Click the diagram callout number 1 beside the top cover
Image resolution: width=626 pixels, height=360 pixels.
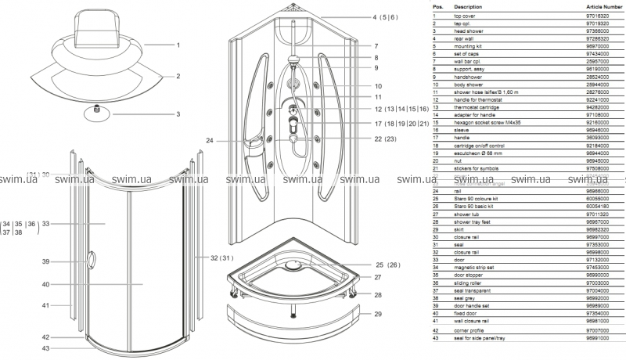[x=178, y=45]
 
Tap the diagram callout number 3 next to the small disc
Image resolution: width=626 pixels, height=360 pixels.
[x=178, y=114]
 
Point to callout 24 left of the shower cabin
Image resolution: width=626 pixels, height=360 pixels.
[x=210, y=140]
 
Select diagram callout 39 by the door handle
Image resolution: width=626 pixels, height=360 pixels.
[x=46, y=261]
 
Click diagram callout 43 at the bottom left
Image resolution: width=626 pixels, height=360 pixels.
[x=46, y=348]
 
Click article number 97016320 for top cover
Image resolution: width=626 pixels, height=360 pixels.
[x=598, y=16]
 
